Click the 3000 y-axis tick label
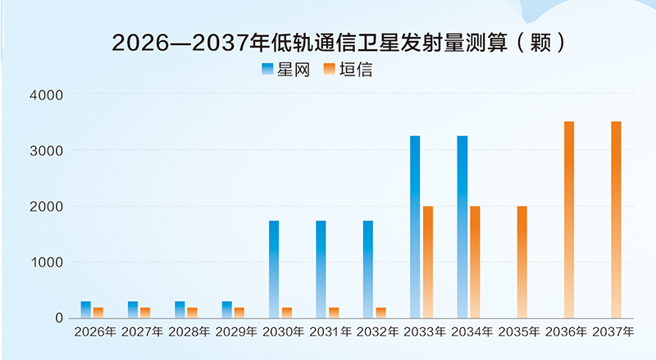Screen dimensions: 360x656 point(46,151)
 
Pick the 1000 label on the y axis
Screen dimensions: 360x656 point(46,262)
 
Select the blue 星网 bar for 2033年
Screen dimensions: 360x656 point(415,226)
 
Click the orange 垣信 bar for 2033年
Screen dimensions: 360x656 point(428,262)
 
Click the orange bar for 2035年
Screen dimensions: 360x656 point(522,262)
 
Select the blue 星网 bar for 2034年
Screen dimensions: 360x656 point(462,226)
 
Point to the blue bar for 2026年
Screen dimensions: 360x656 point(86,309)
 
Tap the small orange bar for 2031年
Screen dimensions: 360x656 point(334,312)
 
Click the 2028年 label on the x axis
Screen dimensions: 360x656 point(191,333)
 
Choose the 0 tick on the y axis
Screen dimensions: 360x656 point(57,318)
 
